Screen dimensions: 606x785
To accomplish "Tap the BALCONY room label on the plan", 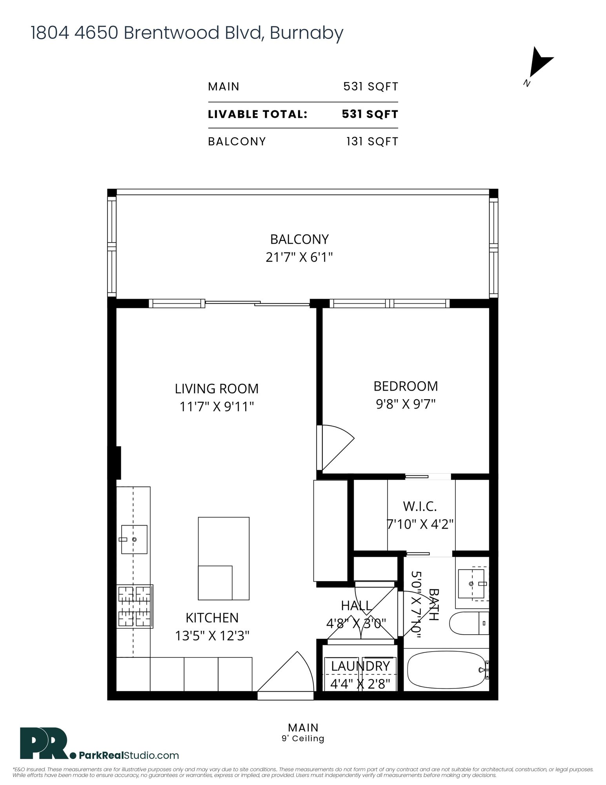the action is pos(299,239).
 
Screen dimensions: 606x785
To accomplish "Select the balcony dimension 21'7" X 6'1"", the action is pos(299,257).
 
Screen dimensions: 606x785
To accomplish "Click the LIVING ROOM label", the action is pos(217,389).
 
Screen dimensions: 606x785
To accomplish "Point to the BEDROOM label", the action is pos(406,386).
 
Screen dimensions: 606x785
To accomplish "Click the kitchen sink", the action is pos(134,539).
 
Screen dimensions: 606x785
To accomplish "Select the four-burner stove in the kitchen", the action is pos(135,606).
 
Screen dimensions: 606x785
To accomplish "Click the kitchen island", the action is pos(224,558).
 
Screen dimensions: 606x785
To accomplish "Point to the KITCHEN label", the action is pos(212,618).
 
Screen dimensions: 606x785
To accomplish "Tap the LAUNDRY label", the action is pos(360,666).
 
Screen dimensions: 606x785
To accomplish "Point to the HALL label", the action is pos(356,606).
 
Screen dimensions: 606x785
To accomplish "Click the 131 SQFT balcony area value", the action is pos(372,141).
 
